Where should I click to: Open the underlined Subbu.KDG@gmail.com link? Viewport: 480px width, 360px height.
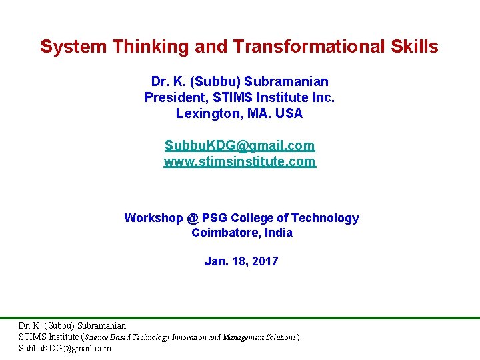[240, 145]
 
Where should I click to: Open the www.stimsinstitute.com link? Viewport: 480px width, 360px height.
[240, 161]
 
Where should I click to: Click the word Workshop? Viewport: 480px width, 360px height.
[154, 218]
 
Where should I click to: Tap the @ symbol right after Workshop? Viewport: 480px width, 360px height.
[193, 218]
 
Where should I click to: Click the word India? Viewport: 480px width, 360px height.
[277, 233]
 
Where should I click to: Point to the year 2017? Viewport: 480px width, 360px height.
[265, 261]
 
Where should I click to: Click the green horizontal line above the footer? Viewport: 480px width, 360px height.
[240, 318]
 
